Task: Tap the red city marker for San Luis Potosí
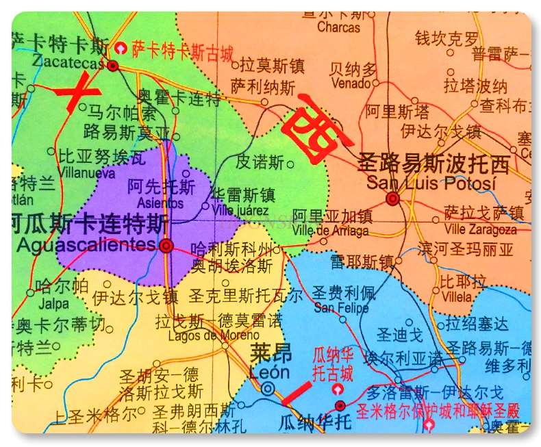coord(392,199)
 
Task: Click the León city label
coord(270,372)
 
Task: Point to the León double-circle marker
coord(270,389)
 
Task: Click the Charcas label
coord(339,27)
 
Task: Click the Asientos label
coord(160,203)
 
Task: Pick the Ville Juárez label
coord(240,210)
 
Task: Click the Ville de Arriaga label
coord(331,231)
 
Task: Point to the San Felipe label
coord(341,308)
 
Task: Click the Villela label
coord(456,296)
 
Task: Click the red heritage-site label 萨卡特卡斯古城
coord(183,50)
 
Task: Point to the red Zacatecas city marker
coord(114,66)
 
